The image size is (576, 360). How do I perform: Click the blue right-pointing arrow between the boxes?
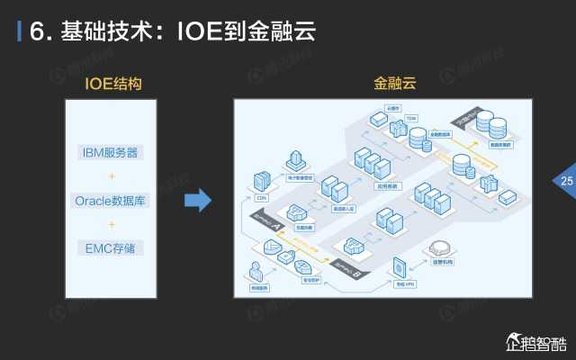tap(197, 200)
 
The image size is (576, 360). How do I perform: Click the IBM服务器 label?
tap(111, 152)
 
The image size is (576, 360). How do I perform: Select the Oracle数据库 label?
tap(111, 200)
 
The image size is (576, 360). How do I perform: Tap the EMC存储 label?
tap(111, 247)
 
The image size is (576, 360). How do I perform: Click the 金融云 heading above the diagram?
tap(395, 84)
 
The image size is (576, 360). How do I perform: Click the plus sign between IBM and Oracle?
tap(111, 176)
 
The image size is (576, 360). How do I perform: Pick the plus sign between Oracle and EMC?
tap(111, 224)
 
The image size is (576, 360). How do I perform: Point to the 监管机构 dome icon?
tap(440, 247)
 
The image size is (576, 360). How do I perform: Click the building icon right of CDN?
tap(294, 162)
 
